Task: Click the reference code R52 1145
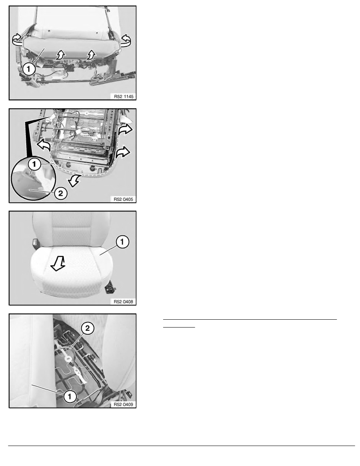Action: click(x=124, y=96)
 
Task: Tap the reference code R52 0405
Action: click(x=124, y=199)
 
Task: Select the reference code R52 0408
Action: click(x=124, y=302)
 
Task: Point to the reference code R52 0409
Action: click(x=124, y=404)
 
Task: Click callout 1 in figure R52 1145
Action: click(x=29, y=69)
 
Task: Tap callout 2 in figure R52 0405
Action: click(x=61, y=193)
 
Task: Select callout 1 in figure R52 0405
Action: click(x=35, y=164)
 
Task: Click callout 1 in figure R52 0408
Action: click(x=122, y=242)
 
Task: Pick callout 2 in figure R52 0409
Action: click(x=87, y=328)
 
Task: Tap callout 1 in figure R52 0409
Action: click(x=70, y=396)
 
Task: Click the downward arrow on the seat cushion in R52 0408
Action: click(x=58, y=263)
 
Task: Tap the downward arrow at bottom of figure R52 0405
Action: click(x=74, y=180)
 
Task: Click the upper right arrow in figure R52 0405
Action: click(x=125, y=129)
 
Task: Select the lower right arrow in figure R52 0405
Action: click(x=123, y=152)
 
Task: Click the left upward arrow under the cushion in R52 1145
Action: click(x=60, y=55)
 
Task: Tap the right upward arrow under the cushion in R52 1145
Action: click(x=91, y=55)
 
